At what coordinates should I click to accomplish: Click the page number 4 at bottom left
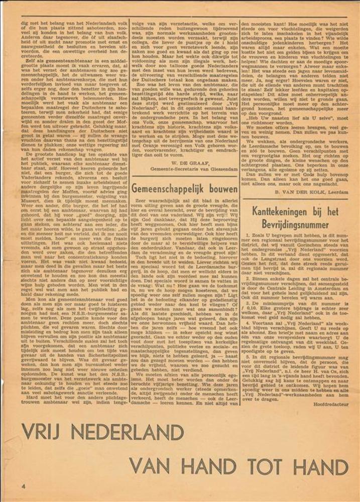pos(23,486)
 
